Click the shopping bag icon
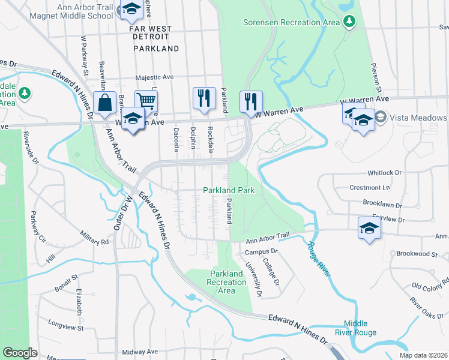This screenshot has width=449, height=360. [x=104, y=102]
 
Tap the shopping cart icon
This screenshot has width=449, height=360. [x=146, y=100]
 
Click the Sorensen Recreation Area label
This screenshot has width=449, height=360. [x=291, y=22]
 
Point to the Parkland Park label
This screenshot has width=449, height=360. [x=229, y=190]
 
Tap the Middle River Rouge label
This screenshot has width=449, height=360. [x=360, y=328]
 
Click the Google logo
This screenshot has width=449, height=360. [x=20, y=353]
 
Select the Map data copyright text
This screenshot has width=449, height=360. [x=423, y=355]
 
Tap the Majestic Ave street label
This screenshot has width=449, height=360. [x=154, y=77]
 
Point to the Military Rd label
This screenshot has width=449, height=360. [x=96, y=241]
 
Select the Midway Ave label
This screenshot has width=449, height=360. [x=140, y=352]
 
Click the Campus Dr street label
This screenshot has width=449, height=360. [x=261, y=251]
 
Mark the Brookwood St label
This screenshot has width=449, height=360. [x=417, y=254]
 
